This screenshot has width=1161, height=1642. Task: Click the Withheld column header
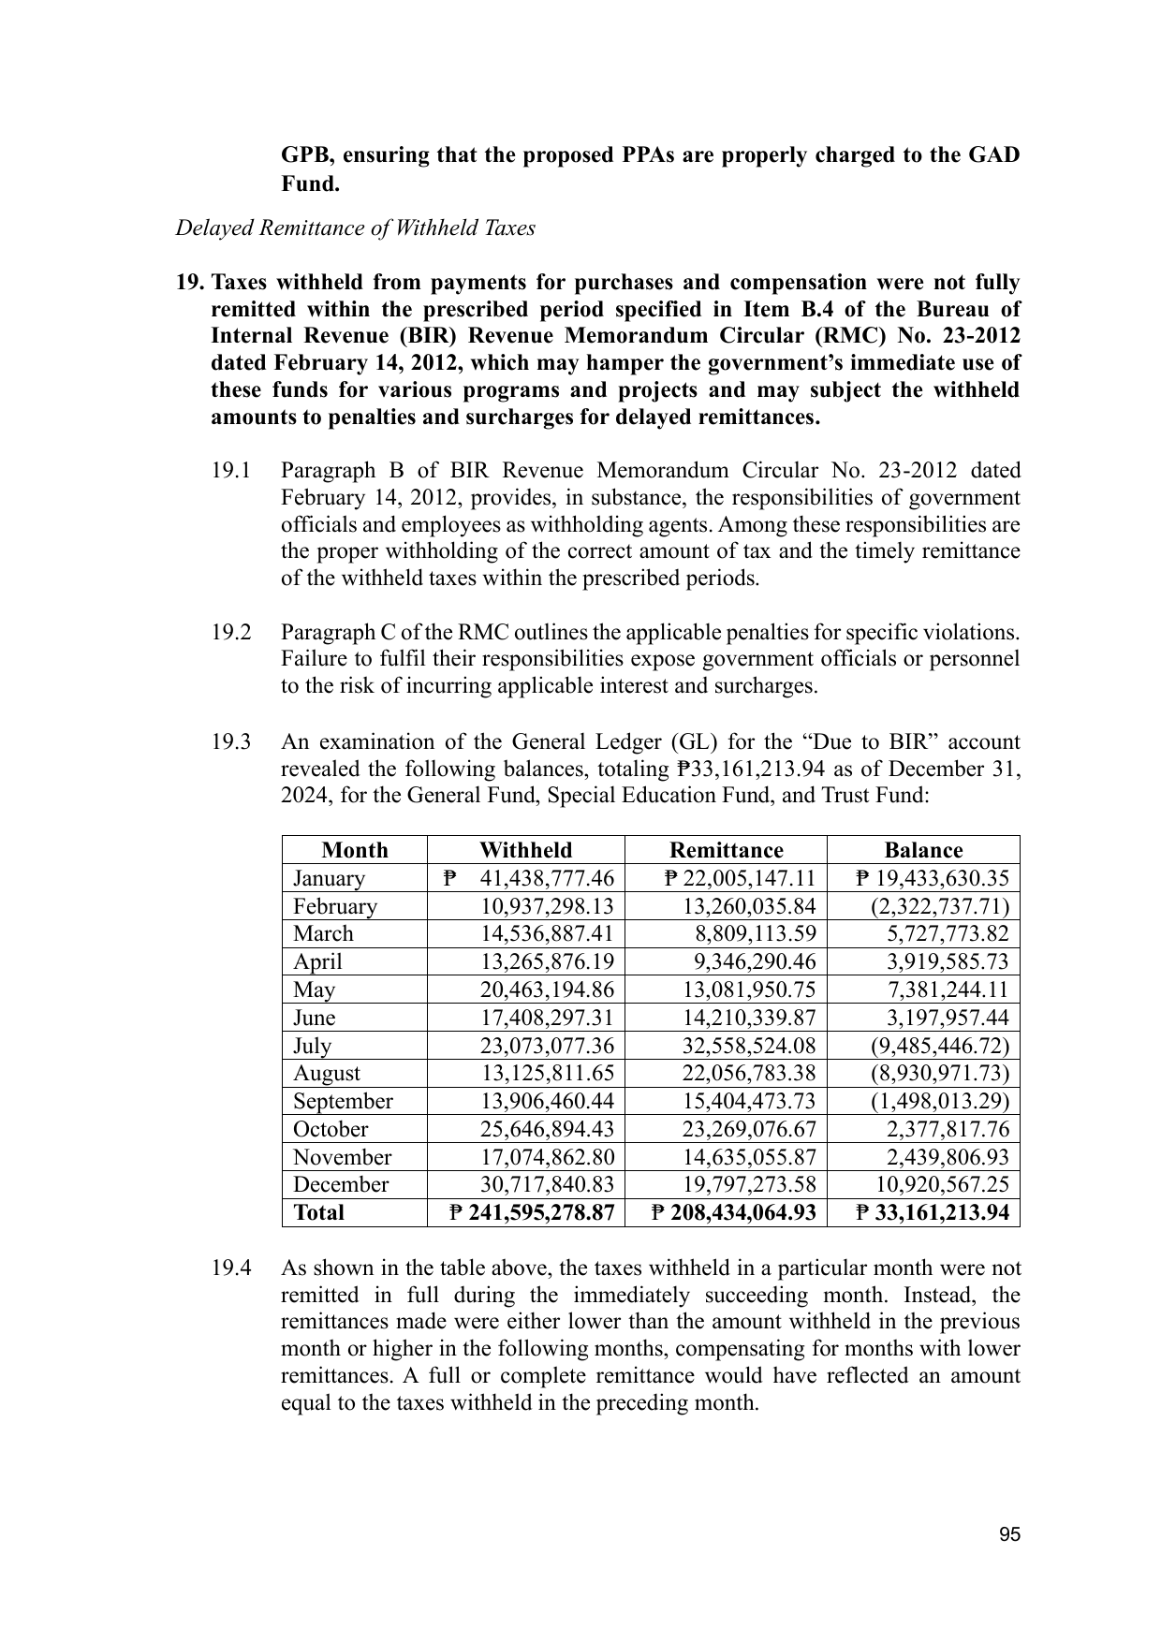[525, 850]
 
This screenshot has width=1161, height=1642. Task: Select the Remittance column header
[726, 850]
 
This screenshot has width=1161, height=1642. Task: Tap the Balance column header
[923, 850]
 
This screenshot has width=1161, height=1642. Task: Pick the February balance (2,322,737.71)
[939, 906]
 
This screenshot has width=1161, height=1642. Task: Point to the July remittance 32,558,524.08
[748, 1046]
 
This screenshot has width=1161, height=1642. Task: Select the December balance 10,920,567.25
[948, 1184]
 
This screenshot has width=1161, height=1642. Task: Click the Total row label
[318, 1212]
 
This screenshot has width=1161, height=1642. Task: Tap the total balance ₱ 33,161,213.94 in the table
[933, 1212]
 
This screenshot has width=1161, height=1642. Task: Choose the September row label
[343, 1101]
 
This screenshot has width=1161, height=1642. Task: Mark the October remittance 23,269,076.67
[748, 1129]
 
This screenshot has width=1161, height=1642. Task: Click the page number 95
[1009, 1534]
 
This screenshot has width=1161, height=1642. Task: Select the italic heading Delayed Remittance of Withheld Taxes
[355, 228]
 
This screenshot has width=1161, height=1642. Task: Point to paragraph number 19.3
[230, 742]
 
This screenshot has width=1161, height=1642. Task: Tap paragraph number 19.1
[230, 470]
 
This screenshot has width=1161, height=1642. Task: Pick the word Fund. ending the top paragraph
[310, 183]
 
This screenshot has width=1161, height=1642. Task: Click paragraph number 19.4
[230, 1268]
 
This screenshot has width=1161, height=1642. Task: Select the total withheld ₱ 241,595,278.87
[531, 1212]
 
